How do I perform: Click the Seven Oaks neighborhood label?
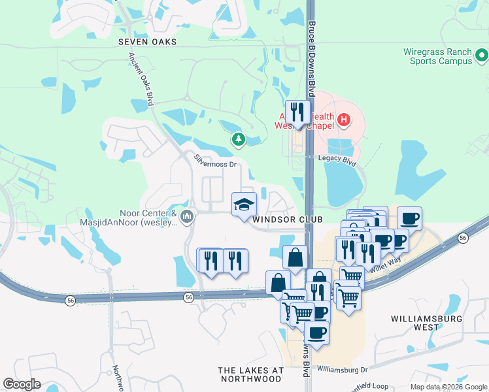(x=148, y=42)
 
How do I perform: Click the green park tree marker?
(x=239, y=139)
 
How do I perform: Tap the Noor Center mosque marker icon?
(x=188, y=216)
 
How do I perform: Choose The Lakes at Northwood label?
(x=251, y=374)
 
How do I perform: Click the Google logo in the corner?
(x=22, y=384)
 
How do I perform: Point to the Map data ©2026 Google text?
(x=448, y=387)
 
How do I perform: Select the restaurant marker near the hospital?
(x=297, y=112)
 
